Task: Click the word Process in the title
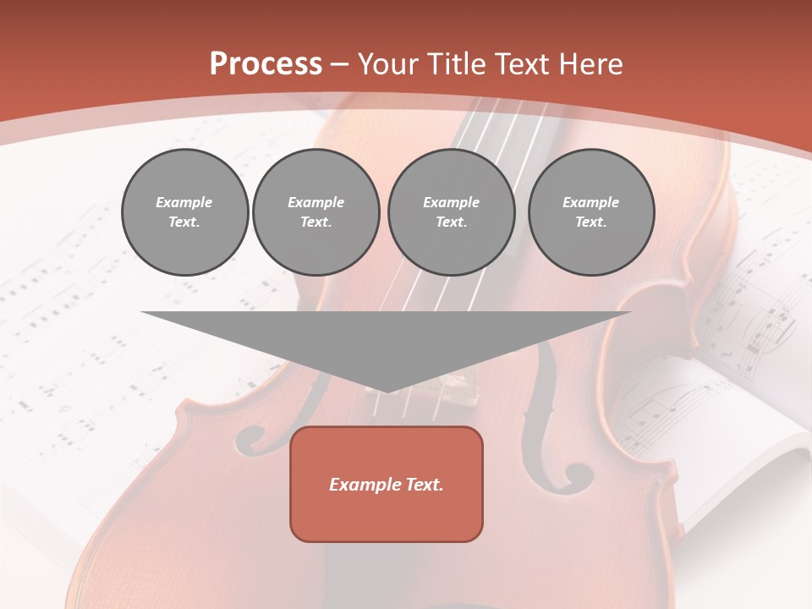266,64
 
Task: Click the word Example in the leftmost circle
184,202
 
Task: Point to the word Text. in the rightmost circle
591,222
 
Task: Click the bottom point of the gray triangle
387,391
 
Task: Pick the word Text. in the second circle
316,222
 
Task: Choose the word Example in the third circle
451,202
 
